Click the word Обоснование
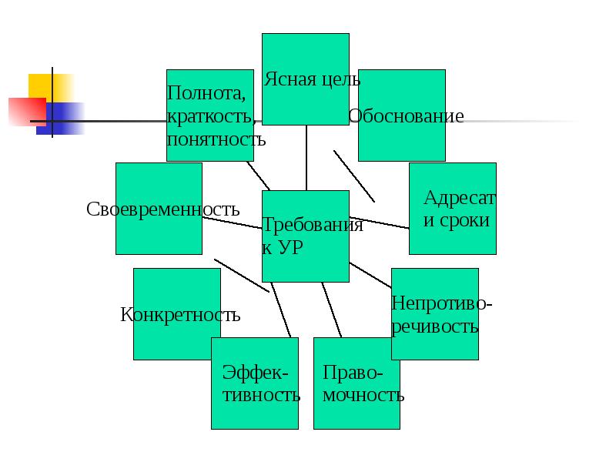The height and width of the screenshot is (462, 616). point(406,116)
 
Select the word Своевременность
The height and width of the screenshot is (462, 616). point(163,209)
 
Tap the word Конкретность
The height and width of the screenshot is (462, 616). point(180,314)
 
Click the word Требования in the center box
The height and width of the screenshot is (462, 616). point(313,225)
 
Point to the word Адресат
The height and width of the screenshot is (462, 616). point(460,198)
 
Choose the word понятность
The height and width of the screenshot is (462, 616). point(216,139)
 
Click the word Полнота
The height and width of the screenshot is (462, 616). point(207,94)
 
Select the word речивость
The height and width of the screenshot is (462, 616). point(435,326)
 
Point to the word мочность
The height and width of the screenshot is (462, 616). point(363,396)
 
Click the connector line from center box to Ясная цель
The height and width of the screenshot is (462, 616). point(306,158)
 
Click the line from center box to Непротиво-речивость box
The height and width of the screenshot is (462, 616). point(370,275)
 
